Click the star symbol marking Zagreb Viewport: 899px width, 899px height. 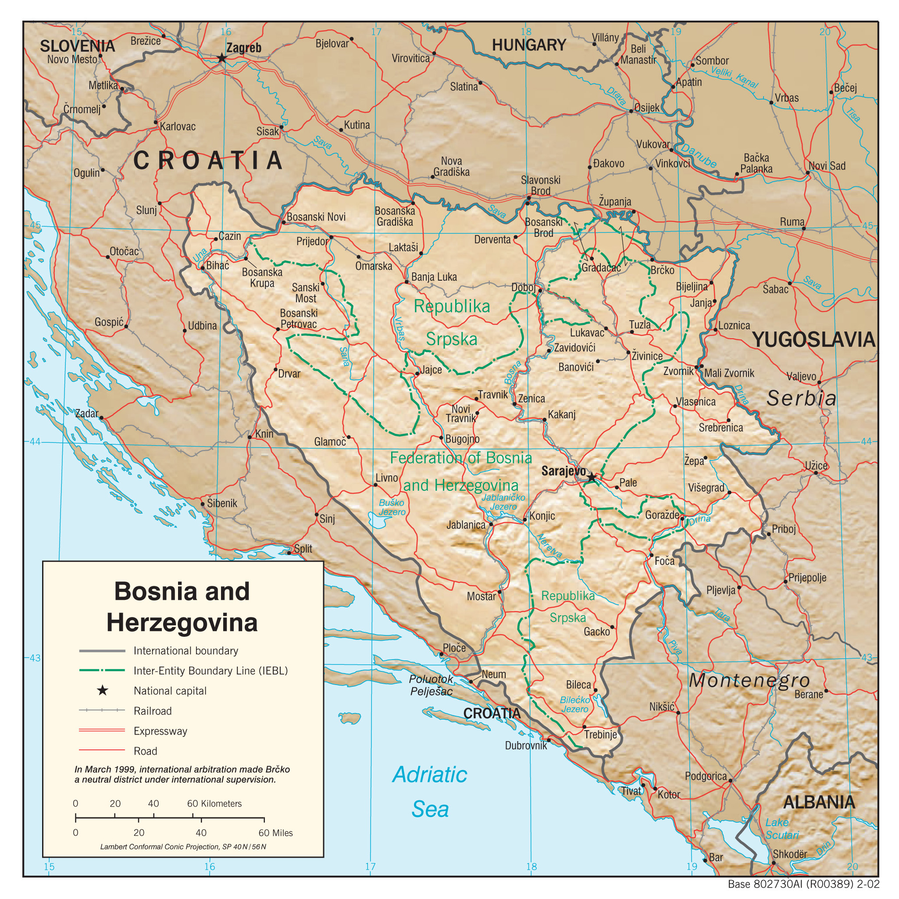click(222, 58)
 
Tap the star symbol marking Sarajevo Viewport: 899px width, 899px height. click(591, 478)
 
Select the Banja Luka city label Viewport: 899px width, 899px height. click(434, 277)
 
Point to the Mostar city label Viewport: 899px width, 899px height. click(481, 596)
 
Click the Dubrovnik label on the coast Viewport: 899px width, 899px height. click(526, 746)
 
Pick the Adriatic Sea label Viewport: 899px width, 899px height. click(429, 792)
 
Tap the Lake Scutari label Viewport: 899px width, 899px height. click(781, 829)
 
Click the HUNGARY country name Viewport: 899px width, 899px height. click(528, 46)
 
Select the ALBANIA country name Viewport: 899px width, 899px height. click(818, 802)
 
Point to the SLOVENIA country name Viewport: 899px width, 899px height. click(77, 46)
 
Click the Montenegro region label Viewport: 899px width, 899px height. click(749, 680)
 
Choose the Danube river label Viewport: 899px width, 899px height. click(699, 155)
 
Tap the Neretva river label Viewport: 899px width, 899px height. click(549, 546)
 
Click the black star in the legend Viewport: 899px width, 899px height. click(102, 691)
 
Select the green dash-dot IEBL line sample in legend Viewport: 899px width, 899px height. click(102, 671)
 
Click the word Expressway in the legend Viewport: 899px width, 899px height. click(160, 731)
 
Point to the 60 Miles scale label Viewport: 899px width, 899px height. click(275, 832)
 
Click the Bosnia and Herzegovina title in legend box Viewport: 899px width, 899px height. click(182, 606)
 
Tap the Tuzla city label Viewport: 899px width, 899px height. click(639, 325)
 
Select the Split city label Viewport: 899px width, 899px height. click(303, 549)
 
